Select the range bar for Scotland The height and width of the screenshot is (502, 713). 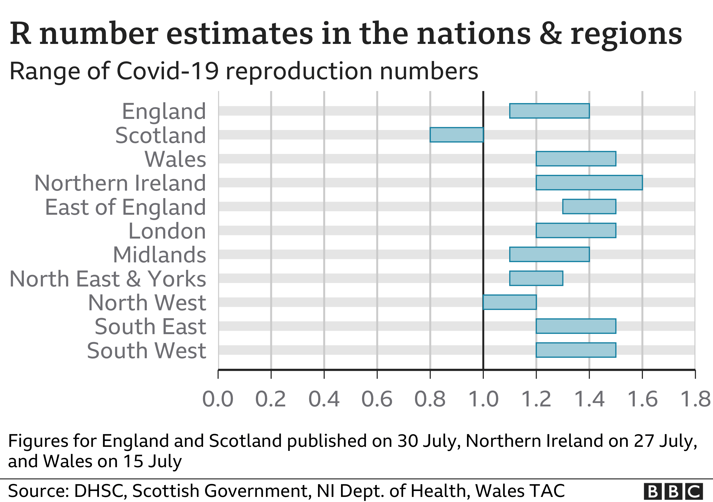457,135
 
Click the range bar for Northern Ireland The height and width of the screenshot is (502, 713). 589,183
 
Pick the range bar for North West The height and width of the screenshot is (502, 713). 509,302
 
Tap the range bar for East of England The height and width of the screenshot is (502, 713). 589,206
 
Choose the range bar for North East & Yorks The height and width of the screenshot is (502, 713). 536,278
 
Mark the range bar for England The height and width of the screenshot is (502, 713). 549,111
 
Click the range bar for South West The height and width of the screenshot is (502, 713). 576,350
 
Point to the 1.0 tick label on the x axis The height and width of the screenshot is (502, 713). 483,399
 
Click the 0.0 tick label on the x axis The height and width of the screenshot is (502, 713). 218,399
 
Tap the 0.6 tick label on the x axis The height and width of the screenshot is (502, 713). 377,399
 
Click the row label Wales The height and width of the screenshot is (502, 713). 175,159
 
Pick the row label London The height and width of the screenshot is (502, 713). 167,231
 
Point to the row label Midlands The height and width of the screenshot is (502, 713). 159,255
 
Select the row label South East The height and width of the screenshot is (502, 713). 150,327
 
